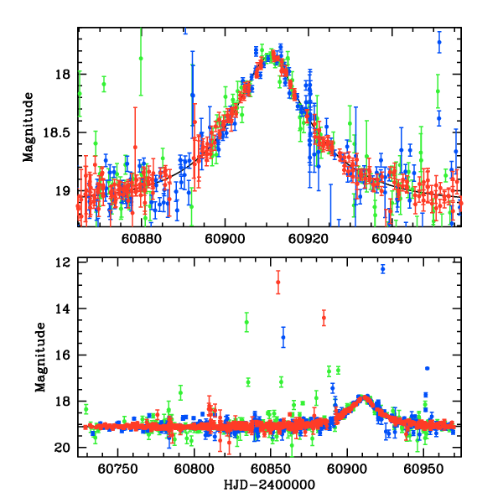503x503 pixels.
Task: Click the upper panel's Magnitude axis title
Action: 29,127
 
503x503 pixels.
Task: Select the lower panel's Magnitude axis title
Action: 39,357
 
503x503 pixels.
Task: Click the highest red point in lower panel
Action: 278,282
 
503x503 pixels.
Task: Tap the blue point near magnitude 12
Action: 382,268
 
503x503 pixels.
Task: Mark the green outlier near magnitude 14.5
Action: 246,322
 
